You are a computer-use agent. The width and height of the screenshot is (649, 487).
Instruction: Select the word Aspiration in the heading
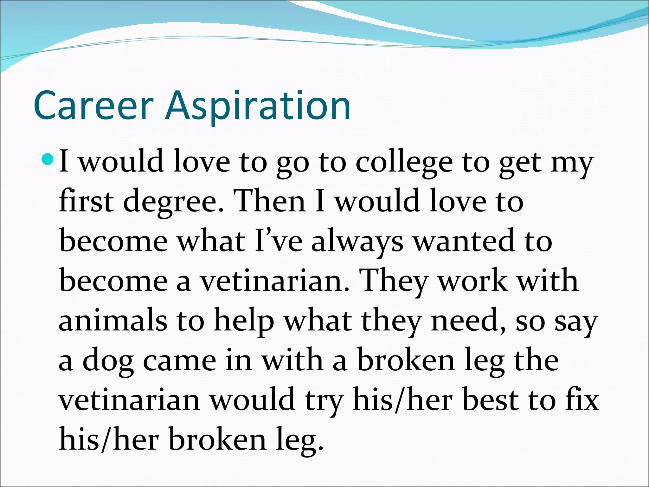tap(258, 106)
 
